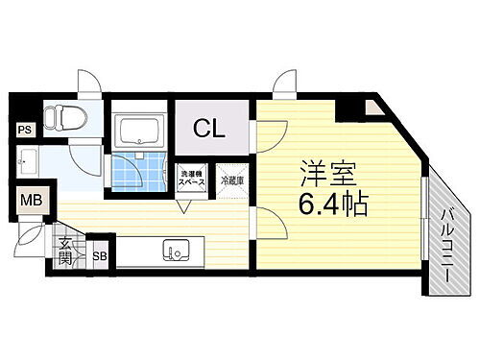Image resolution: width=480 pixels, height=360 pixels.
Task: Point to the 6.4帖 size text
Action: pos(331,204)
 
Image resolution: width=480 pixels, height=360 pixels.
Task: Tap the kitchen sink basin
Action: pos(176,253)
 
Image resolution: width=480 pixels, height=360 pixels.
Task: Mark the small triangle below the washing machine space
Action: pos(184,203)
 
